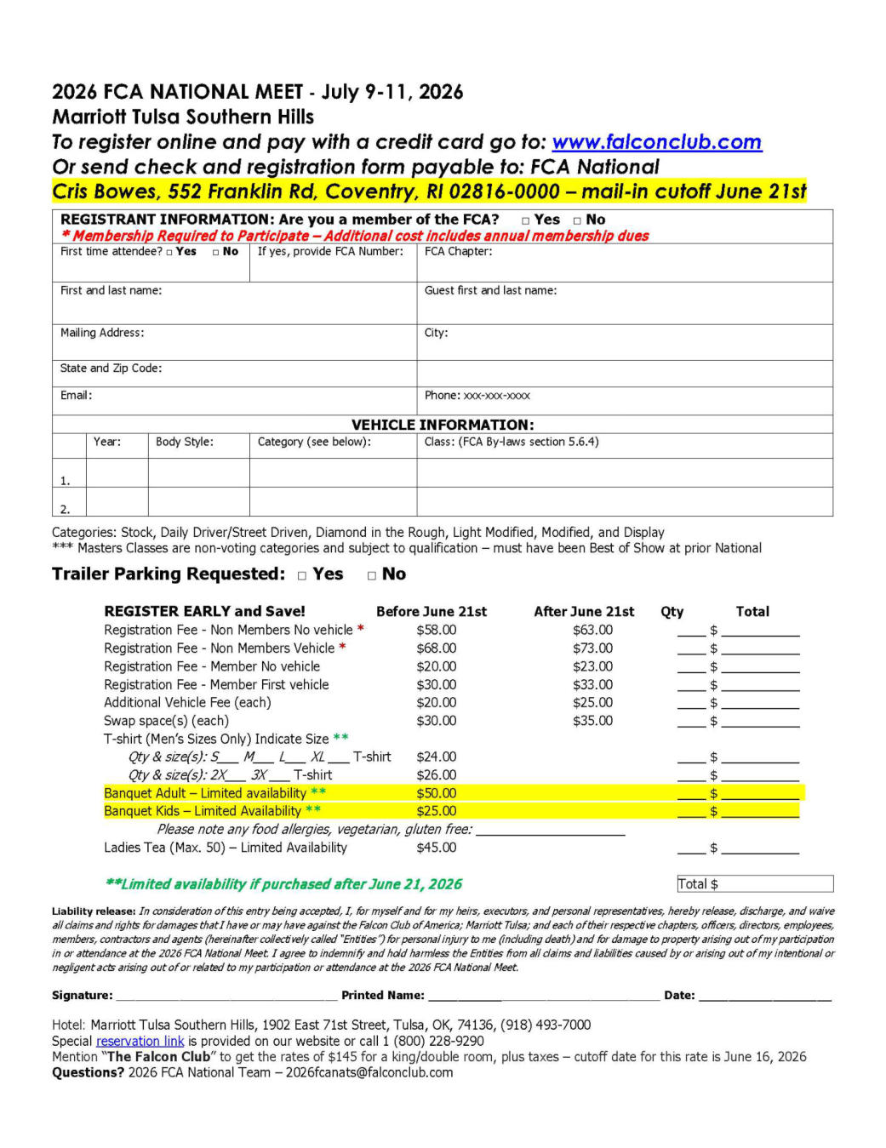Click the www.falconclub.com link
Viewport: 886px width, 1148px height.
(656, 142)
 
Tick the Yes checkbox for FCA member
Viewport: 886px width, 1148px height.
(526, 220)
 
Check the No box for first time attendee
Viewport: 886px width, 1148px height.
(216, 253)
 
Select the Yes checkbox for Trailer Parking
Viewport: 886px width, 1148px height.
(302, 576)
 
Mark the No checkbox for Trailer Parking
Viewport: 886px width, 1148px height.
(372, 576)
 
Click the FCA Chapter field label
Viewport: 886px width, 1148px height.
(458, 252)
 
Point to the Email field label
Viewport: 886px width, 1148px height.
(76, 396)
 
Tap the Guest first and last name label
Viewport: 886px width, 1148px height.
(490, 291)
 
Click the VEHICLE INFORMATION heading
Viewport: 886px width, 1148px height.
(443, 425)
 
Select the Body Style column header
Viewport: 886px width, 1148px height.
(185, 443)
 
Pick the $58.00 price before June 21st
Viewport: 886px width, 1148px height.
(436, 631)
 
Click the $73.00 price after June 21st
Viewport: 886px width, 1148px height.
(592, 648)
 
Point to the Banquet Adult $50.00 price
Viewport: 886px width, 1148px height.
(436, 794)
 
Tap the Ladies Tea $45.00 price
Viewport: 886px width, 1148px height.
(436, 848)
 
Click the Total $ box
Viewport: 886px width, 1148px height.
(754, 884)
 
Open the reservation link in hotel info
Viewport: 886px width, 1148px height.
(140, 1042)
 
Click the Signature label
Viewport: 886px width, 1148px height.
(82, 996)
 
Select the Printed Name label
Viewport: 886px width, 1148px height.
(382, 996)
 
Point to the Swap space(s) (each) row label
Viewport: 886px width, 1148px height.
(166, 722)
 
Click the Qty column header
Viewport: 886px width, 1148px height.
(672, 612)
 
